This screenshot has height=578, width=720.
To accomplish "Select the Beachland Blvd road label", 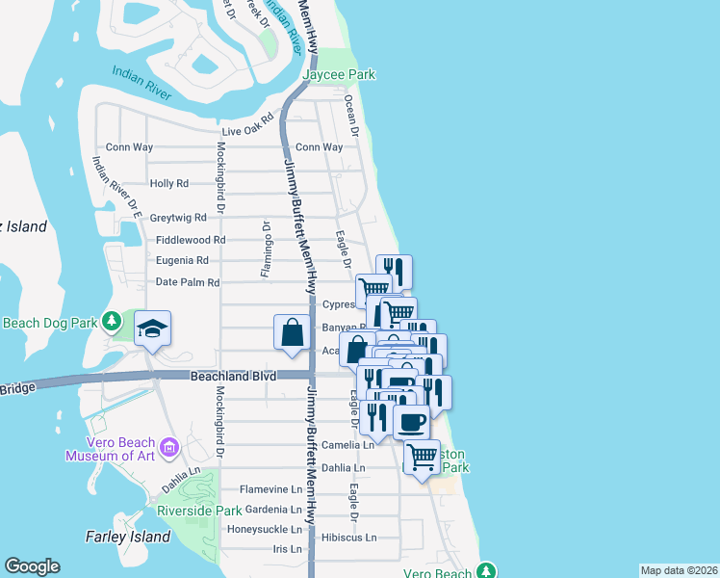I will coord(233,376).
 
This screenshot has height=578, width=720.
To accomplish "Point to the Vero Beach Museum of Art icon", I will coord(170,446).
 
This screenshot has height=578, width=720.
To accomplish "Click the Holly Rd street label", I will coord(169,183).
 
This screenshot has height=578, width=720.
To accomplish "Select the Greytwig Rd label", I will coord(178,218).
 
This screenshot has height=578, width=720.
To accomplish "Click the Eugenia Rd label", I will coord(182,260).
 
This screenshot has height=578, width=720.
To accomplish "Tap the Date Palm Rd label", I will coord(188,282).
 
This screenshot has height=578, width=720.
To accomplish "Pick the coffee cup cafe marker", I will coord(412,422).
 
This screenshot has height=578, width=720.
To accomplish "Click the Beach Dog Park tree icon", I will coord(113,320).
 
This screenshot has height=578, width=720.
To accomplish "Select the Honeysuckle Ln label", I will coord(264,529).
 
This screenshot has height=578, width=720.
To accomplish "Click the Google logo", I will coord(32,566).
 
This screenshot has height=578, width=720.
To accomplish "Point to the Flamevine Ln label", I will coord(270,488).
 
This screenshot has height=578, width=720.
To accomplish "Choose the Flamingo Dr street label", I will coord(267,249).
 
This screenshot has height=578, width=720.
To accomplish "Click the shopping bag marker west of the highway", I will coord(293,332).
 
